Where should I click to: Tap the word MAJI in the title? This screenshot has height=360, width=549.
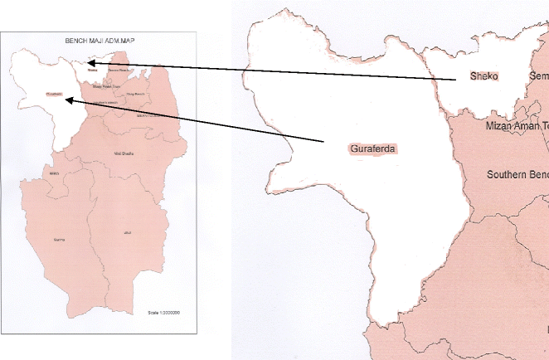[x=97, y=40]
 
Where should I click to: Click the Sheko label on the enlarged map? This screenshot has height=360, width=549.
[x=483, y=76]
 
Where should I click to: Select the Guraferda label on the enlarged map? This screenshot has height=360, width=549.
[x=371, y=149]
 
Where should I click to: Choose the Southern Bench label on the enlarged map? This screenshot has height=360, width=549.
[x=517, y=175]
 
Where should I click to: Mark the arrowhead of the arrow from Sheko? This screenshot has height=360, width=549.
[x=89, y=62]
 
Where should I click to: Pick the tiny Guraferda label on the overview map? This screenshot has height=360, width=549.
[x=56, y=94]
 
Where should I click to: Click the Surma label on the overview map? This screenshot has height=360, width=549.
[x=58, y=240]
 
